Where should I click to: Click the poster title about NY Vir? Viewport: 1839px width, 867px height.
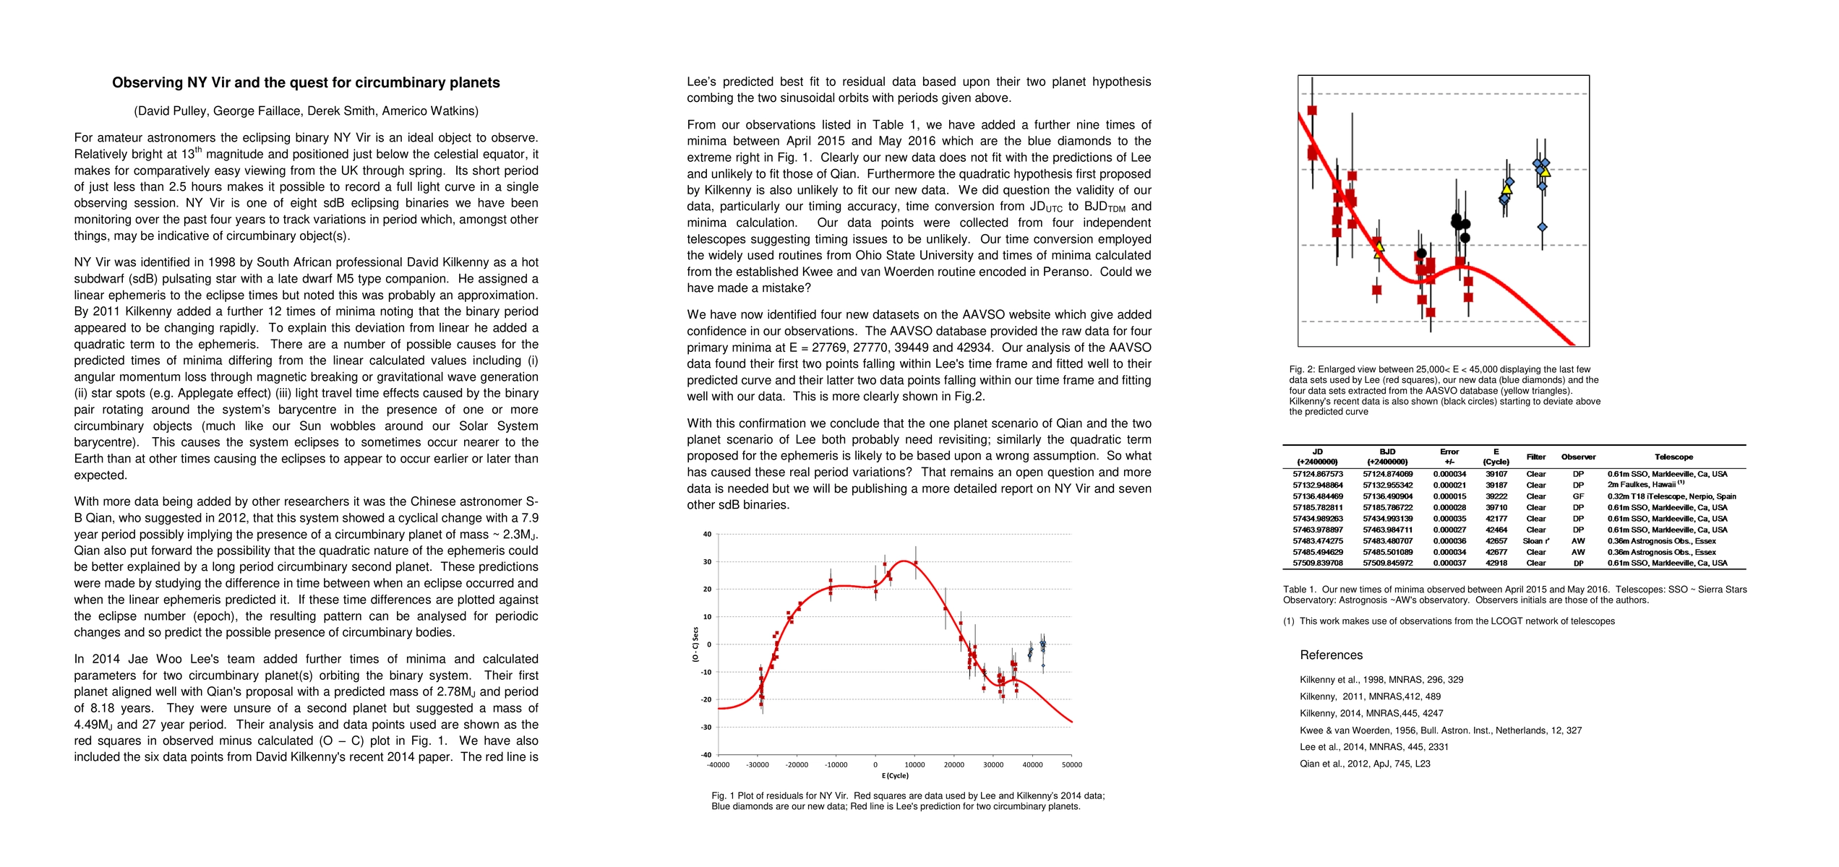(x=306, y=83)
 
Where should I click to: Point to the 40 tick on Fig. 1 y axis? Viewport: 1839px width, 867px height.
(x=707, y=535)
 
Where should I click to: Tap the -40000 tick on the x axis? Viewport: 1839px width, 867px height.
(x=718, y=765)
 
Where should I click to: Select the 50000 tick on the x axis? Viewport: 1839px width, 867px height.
(x=1071, y=765)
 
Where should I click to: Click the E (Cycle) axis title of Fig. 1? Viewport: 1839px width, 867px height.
(x=895, y=776)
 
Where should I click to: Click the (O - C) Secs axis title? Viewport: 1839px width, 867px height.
(x=695, y=644)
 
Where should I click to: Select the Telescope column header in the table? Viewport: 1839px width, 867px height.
(x=1673, y=457)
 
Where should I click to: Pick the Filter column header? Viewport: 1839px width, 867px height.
(x=1535, y=457)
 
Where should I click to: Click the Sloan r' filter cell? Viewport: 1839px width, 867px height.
(x=1535, y=541)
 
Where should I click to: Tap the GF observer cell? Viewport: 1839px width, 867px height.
(x=1578, y=497)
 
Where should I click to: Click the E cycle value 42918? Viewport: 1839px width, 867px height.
(x=1496, y=564)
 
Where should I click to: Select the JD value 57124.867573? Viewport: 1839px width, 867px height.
(x=1318, y=475)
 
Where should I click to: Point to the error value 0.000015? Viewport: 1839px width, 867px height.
(x=1449, y=497)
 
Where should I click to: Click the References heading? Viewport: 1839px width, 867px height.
(x=1331, y=655)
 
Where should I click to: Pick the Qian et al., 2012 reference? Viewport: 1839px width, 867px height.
(x=1365, y=764)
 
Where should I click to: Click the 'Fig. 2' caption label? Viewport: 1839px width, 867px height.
(x=1300, y=370)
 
